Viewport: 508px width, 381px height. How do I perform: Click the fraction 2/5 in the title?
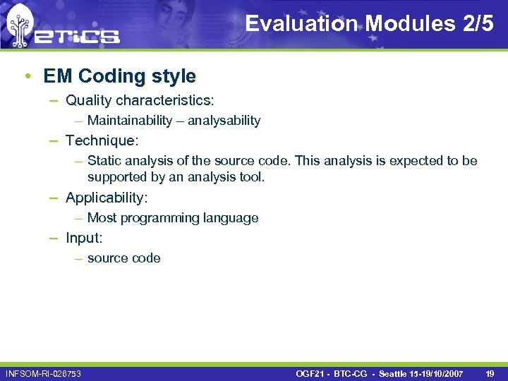478,23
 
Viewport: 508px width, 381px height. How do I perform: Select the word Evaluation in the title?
301,23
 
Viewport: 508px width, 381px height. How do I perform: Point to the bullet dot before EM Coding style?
25,75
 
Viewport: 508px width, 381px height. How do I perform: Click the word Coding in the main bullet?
111,75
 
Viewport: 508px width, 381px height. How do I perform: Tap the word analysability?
224,121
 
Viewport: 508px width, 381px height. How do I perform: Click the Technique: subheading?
102,140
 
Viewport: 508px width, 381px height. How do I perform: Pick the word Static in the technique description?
104,161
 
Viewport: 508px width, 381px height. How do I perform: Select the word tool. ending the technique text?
250,176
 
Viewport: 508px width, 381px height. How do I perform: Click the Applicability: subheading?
107,198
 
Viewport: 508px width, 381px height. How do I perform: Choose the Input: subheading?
84,238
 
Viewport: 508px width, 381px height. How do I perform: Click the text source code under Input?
124,258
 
